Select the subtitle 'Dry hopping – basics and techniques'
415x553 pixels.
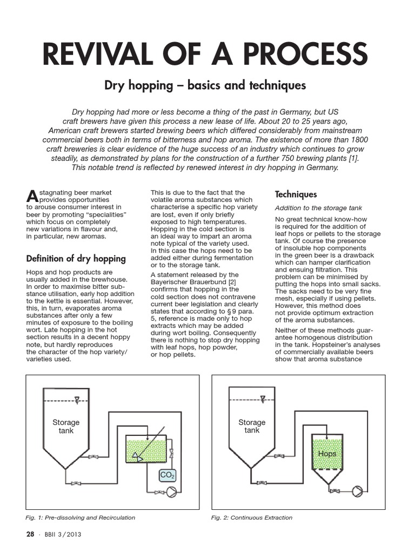205,85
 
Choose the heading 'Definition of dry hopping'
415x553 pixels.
76,258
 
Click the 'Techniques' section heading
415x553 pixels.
296,194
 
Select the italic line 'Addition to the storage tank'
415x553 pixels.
318,208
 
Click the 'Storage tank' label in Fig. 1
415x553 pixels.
66,426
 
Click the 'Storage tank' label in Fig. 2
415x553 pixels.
252,426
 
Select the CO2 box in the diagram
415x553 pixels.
167,475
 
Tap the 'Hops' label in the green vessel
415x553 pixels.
327,454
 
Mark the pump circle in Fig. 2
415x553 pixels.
358,491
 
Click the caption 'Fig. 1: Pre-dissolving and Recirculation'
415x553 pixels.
81,517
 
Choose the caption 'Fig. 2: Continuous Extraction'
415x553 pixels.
252,517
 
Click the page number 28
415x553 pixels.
30,535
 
